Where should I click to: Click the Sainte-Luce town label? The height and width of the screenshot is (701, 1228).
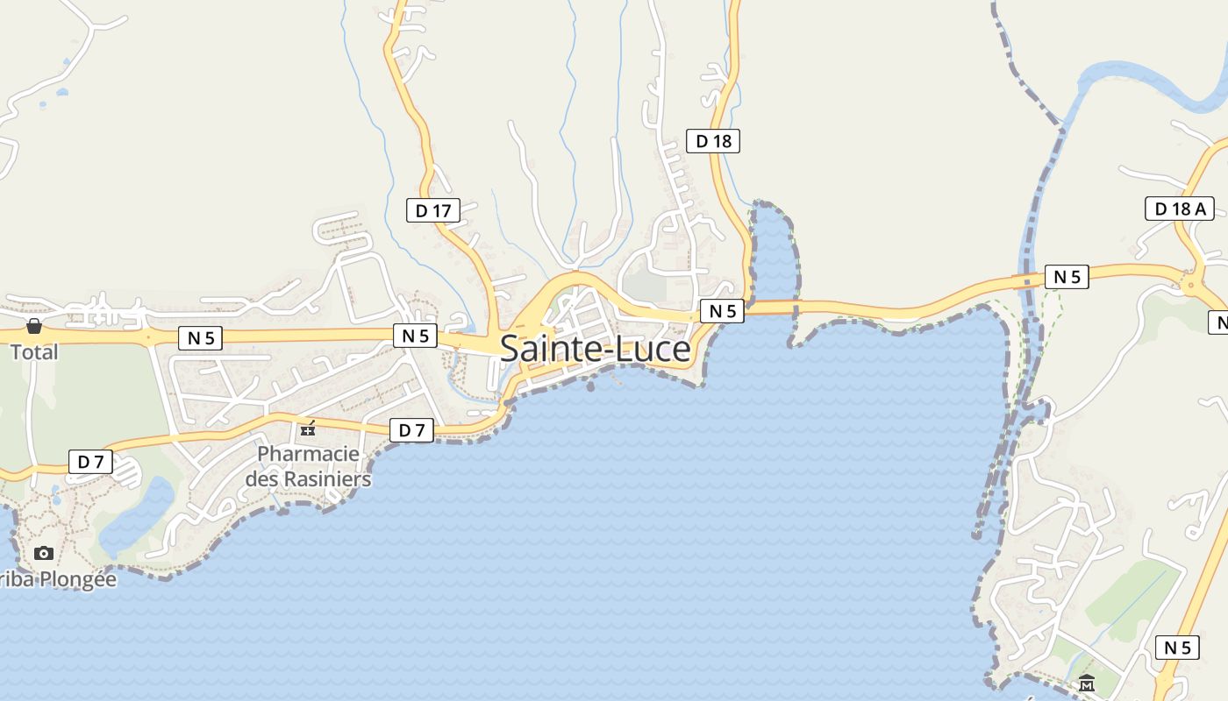(x=595, y=350)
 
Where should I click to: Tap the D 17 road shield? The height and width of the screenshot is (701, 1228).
(x=433, y=210)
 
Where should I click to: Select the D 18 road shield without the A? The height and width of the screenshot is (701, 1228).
(x=713, y=140)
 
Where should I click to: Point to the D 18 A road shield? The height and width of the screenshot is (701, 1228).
(x=1180, y=209)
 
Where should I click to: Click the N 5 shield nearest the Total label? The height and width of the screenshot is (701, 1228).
(x=200, y=338)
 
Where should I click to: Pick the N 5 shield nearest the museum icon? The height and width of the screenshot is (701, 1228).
(x=1177, y=648)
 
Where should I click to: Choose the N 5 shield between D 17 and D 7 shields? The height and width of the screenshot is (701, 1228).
(x=415, y=335)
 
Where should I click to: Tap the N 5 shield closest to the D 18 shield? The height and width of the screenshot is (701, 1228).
(x=722, y=310)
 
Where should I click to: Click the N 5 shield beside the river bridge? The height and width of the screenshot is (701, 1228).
(x=1067, y=277)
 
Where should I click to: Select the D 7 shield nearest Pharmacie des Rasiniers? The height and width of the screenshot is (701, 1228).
(x=411, y=430)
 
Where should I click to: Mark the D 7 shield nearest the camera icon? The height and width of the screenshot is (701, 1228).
(x=90, y=462)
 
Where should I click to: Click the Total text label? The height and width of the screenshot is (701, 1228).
(x=34, y=352)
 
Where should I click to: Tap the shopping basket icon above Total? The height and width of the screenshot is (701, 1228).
(x=34, y=327)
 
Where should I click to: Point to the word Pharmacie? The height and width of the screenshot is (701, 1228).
(x=308, y=454)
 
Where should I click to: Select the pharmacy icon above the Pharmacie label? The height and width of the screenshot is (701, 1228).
(x=308, y=428)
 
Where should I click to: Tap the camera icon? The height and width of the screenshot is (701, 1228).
(x=43, y=553)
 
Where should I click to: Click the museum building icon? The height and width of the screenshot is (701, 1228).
(x=1087, y=683)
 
